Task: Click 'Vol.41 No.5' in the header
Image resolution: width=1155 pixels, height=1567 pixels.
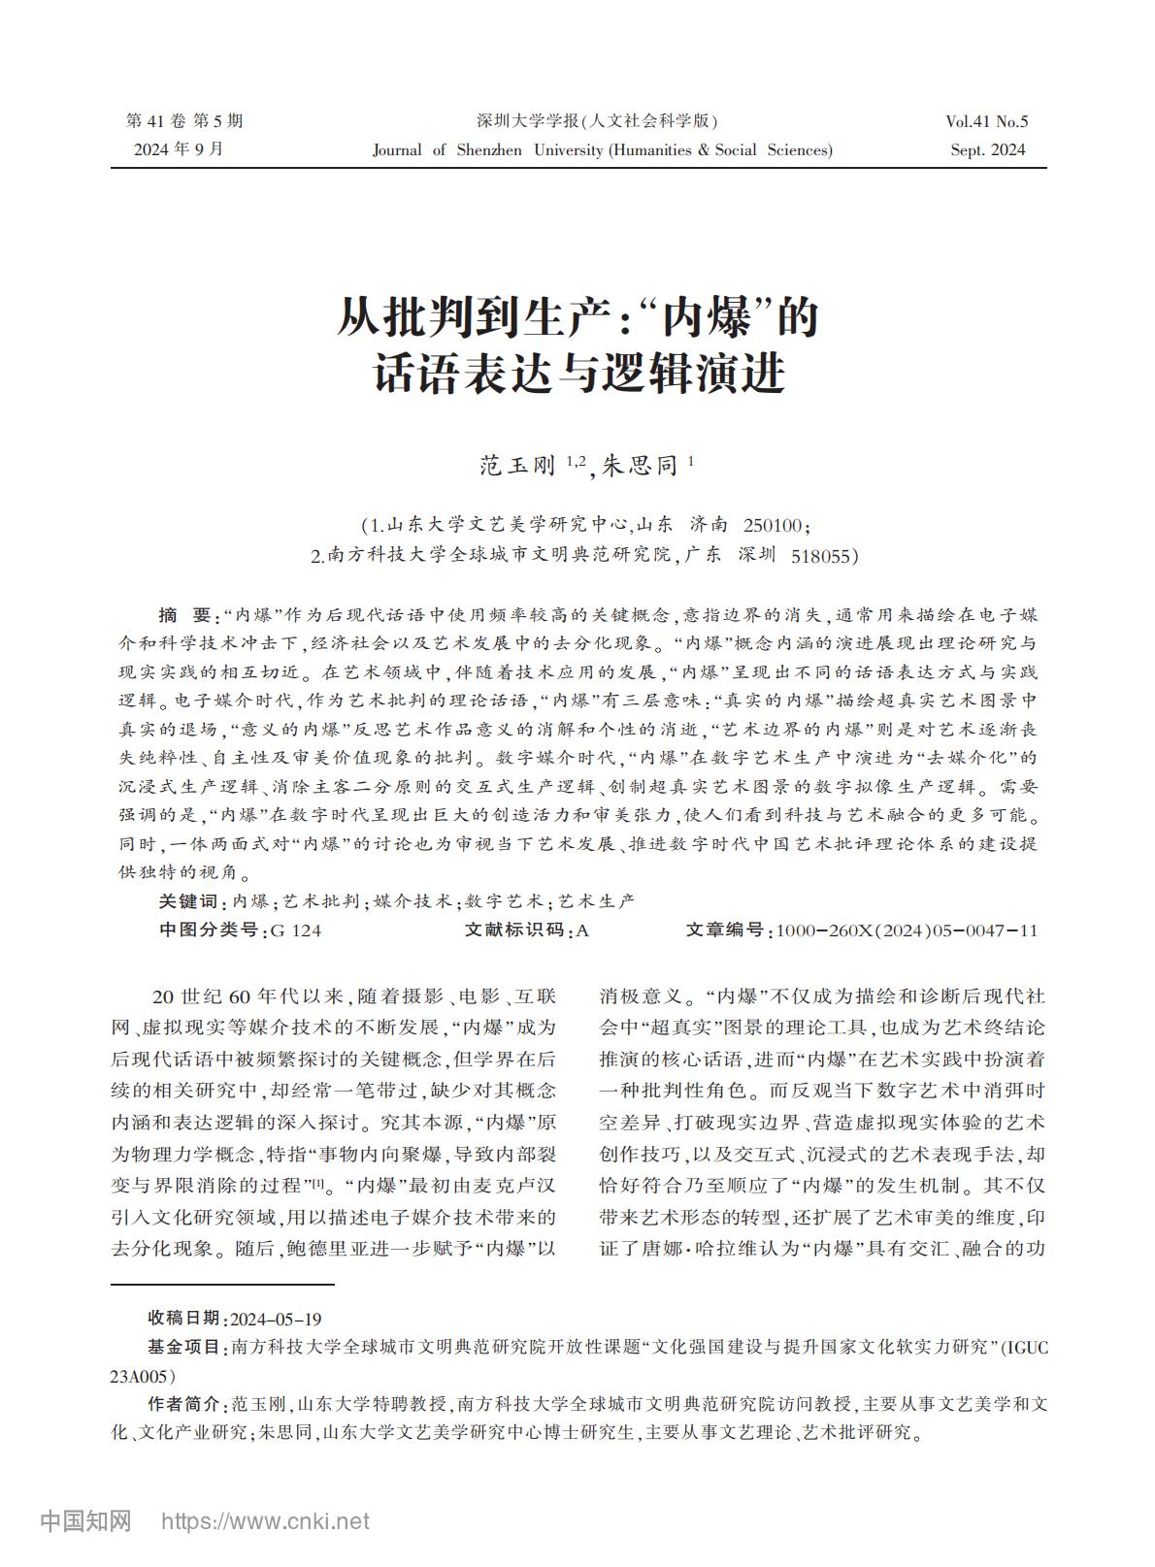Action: coord(986,121)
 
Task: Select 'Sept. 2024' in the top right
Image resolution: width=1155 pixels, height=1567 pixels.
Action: coord(988,149)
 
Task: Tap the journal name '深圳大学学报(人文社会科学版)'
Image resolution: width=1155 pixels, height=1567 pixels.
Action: coord(597,121)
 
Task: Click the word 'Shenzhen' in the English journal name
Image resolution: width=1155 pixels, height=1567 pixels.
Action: coord(489,149)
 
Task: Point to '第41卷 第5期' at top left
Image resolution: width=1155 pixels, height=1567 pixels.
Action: coord(184,121)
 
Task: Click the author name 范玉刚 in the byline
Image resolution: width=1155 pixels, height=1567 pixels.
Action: coord(518,467)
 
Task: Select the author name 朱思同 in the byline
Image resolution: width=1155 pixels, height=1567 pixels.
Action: coord(641,467)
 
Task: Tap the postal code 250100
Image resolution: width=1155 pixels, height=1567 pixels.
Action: coord(773,526)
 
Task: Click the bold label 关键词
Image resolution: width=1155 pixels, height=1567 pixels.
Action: coord(189,901)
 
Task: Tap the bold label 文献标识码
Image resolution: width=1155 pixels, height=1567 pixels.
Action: coord(513,930)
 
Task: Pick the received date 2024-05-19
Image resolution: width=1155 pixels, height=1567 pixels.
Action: coord(276,1319)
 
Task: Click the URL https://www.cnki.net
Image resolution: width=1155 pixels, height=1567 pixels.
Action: coord(265,1521)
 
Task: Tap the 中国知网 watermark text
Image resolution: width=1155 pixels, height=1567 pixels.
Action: coord(85,1520)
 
